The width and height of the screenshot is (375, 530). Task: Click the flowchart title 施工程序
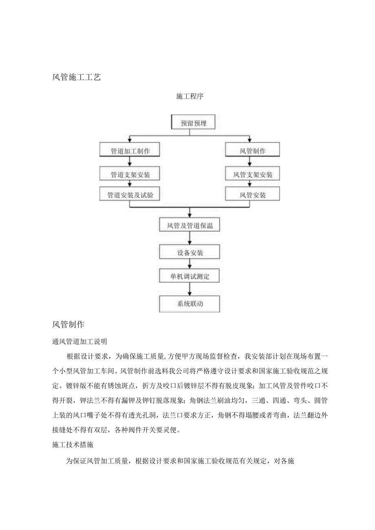(x=190, y=97)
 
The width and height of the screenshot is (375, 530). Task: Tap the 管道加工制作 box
(x=130, y=151)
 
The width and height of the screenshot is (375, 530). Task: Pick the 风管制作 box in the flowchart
(x=253, y=151)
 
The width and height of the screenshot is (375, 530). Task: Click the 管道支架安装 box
(x=130, y=175)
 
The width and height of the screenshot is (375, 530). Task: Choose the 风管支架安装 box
(x=253, y=175)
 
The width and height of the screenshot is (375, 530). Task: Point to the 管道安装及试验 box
(x=130, y=195)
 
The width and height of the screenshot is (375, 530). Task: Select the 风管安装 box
(x=253, y=195)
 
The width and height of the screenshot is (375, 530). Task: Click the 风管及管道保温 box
(x=190, y=225)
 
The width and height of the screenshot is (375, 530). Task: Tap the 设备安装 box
(x=190, y=252)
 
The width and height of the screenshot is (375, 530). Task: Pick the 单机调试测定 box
(x=190, y=277)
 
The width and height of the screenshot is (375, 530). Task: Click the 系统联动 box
(x=190, y=303)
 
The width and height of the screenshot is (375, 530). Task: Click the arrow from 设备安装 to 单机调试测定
(x=190, y=264)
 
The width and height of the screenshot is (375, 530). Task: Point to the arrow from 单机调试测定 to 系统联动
(x=190, y=290)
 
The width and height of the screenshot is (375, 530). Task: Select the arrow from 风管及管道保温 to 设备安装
(x=190, y=238)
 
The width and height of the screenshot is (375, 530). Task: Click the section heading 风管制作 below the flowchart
(x=68, y=325)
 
